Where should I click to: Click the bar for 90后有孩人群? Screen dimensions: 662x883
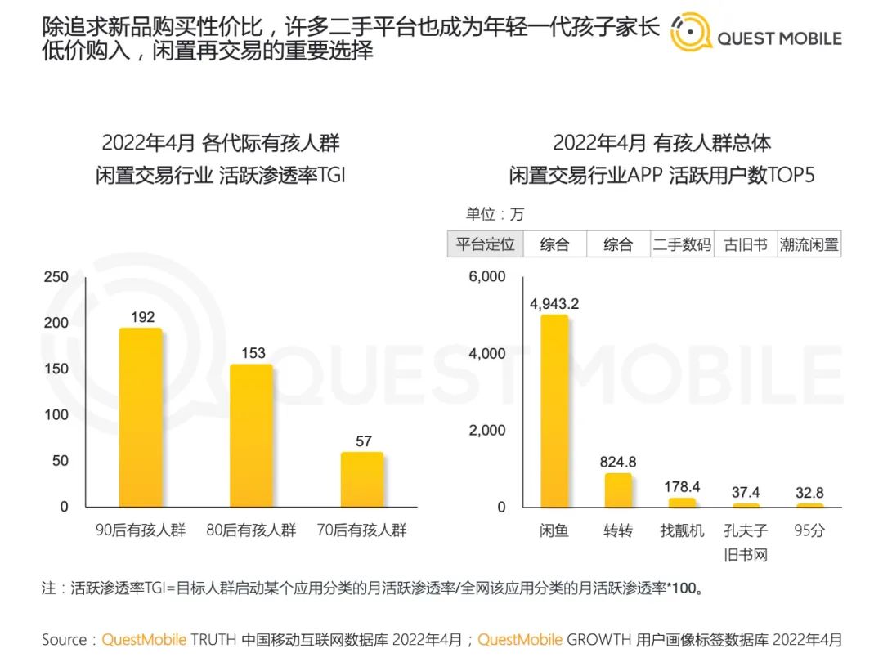pos(141,417)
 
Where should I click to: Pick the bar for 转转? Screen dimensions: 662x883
pos(618,490)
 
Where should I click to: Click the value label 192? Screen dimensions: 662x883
pos(142,317)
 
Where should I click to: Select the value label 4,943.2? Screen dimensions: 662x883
pos(554,304)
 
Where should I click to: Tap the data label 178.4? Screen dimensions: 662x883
pos(682,487)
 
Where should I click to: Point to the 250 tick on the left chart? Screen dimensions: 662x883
pos(56,277)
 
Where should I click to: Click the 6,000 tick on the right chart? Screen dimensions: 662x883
pos(487,277)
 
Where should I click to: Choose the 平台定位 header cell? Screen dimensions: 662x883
pos(485,244)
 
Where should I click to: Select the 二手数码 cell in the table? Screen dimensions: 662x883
pos(682,244)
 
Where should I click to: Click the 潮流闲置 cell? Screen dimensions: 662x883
pos(809,244)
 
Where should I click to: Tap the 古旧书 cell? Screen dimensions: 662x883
pos(746,244)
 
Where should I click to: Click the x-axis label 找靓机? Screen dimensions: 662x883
pos(682,530)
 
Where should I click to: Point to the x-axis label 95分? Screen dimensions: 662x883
pos(809,530)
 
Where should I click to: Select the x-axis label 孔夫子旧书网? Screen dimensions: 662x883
pos(746,543)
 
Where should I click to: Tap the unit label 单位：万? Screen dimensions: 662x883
pos(495,214)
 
